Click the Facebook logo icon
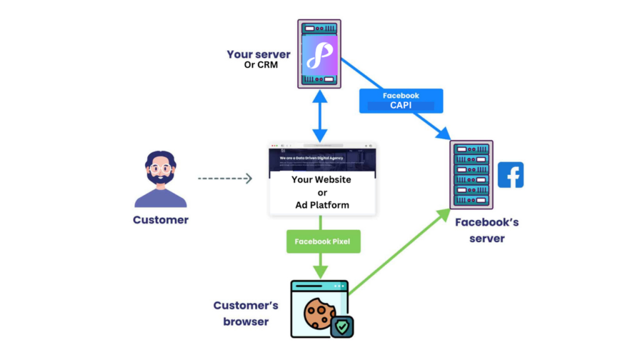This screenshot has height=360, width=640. tap(511, 175)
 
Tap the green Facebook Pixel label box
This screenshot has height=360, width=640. tap(322, 241)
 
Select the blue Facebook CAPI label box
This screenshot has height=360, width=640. tap(401, 101)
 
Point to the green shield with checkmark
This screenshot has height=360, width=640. tap(342, 326)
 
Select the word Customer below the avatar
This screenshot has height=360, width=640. tap(161, 220)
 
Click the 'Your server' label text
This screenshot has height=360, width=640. tap(258, 54)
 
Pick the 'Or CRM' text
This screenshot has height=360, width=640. tap(258, 66)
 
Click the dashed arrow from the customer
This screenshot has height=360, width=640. tap(225, 179)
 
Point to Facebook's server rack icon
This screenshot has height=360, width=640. tap(471, 174)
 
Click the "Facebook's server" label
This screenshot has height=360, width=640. tap(486, 230)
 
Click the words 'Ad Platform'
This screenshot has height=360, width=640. tap(322, 205)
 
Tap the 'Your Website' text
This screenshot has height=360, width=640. tap(321, 179)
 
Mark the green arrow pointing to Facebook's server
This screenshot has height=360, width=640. tap(400, 251)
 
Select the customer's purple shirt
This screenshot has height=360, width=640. tap(161, 199)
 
